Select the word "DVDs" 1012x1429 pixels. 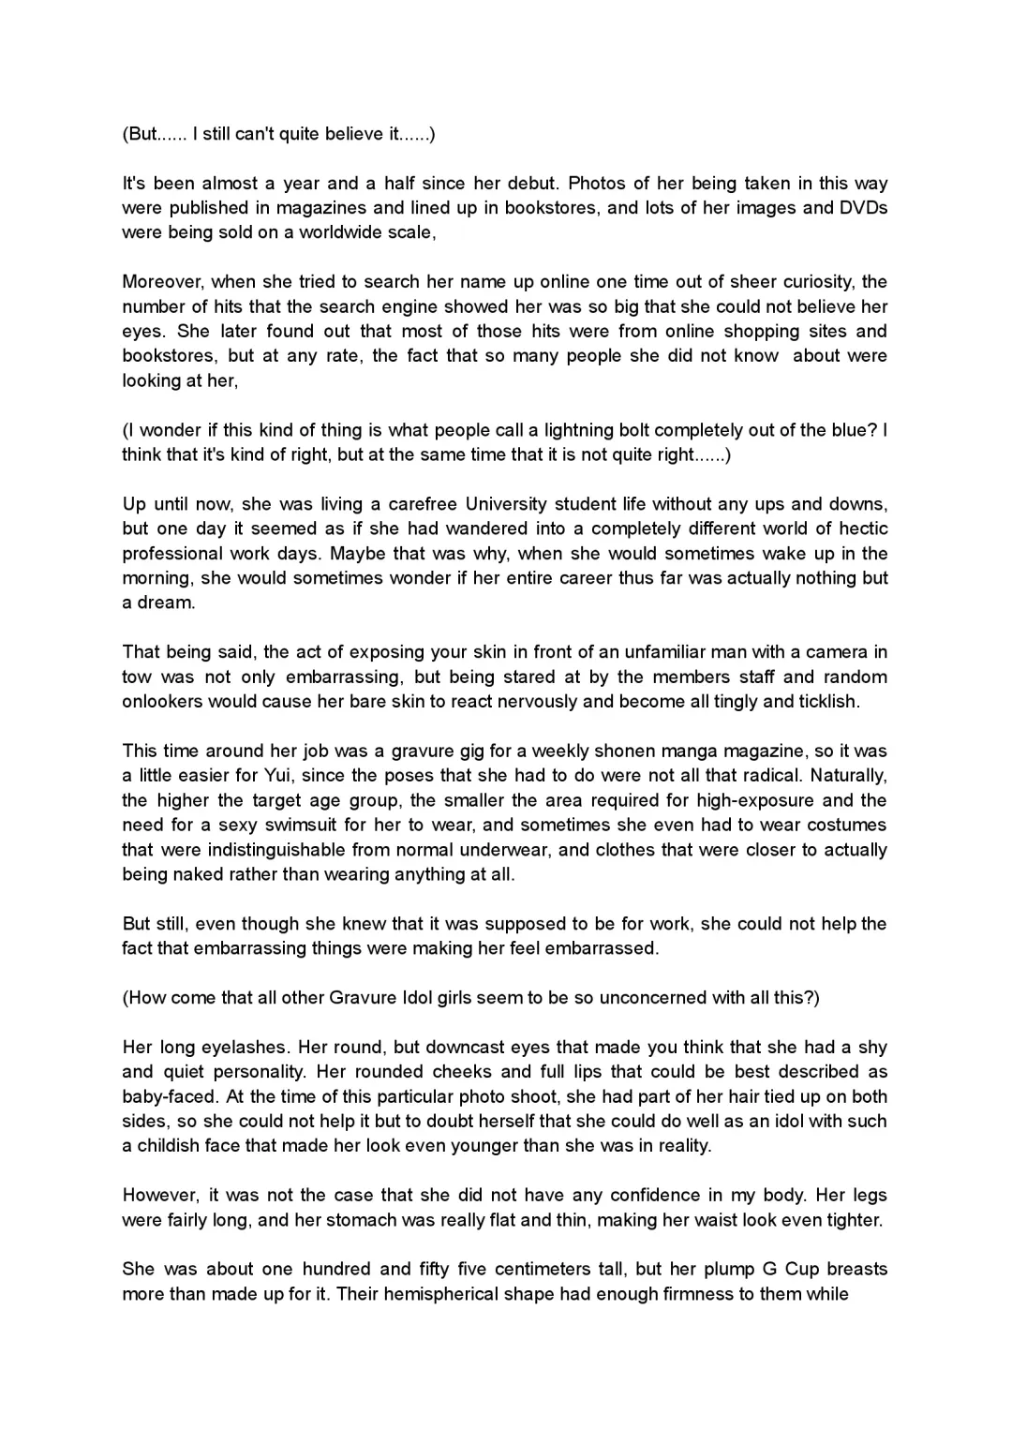click(863, 208)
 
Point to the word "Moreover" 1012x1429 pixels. click(161, 282)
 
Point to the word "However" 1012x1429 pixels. click(160, 1196)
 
